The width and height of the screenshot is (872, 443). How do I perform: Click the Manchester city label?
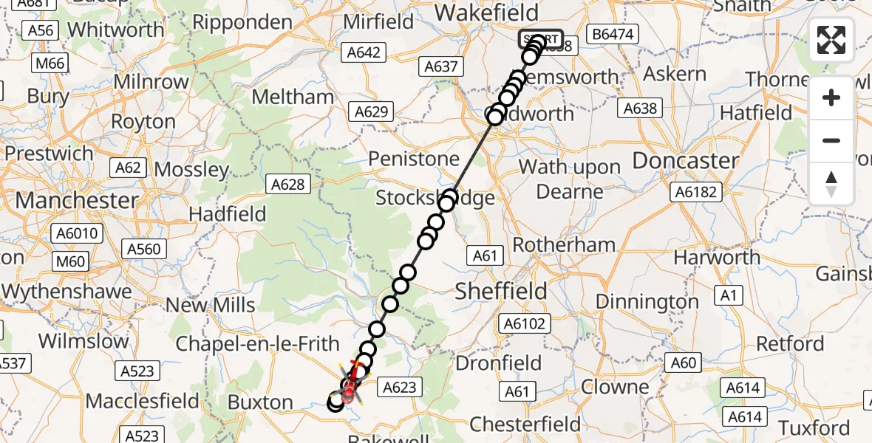click(77, 200)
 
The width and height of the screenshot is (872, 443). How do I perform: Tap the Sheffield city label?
click(501, 290)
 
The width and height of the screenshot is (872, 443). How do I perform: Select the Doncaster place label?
click(686, 161)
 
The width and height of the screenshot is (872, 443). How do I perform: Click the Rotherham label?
click(564, 244)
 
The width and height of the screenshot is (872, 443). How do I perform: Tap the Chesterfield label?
click(525, 425)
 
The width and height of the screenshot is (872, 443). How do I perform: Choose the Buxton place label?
click(260, 402)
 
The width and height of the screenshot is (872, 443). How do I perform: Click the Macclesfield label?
click(143, 401)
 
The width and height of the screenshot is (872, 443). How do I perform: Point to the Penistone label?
click(414, 159)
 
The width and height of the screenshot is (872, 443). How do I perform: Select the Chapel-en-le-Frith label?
click(257, 343)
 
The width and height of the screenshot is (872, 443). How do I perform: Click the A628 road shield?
click(287, 184)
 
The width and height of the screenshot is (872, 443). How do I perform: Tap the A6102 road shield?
click(524, 323)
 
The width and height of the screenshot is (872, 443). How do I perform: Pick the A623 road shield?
click(401, 386)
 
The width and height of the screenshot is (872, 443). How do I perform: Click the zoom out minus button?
click(831, 140)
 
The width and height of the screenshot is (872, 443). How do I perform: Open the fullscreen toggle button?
click(831, 40)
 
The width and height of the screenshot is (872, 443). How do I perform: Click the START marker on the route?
click(540, 38)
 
